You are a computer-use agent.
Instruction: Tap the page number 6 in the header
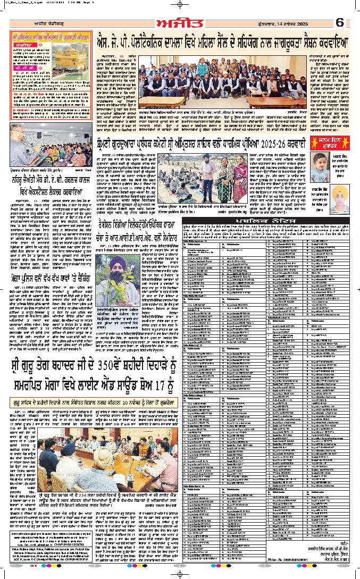340,24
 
